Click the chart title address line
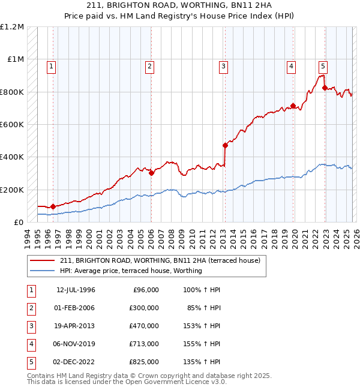tap(180, 5)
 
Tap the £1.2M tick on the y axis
tap(13, 27)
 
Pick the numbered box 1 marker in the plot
tap(52, 67)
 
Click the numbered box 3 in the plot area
tap(223, 67)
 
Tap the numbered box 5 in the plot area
tap(323, 67)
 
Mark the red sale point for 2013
tap(225, 145)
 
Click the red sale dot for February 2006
tap(151, 173)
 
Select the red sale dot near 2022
tap(325, 88)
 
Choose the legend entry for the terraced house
tap(160, 260)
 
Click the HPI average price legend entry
tap(131, 271)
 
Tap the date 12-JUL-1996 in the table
tap(76, 290)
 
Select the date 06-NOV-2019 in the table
tap(76, 344)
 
